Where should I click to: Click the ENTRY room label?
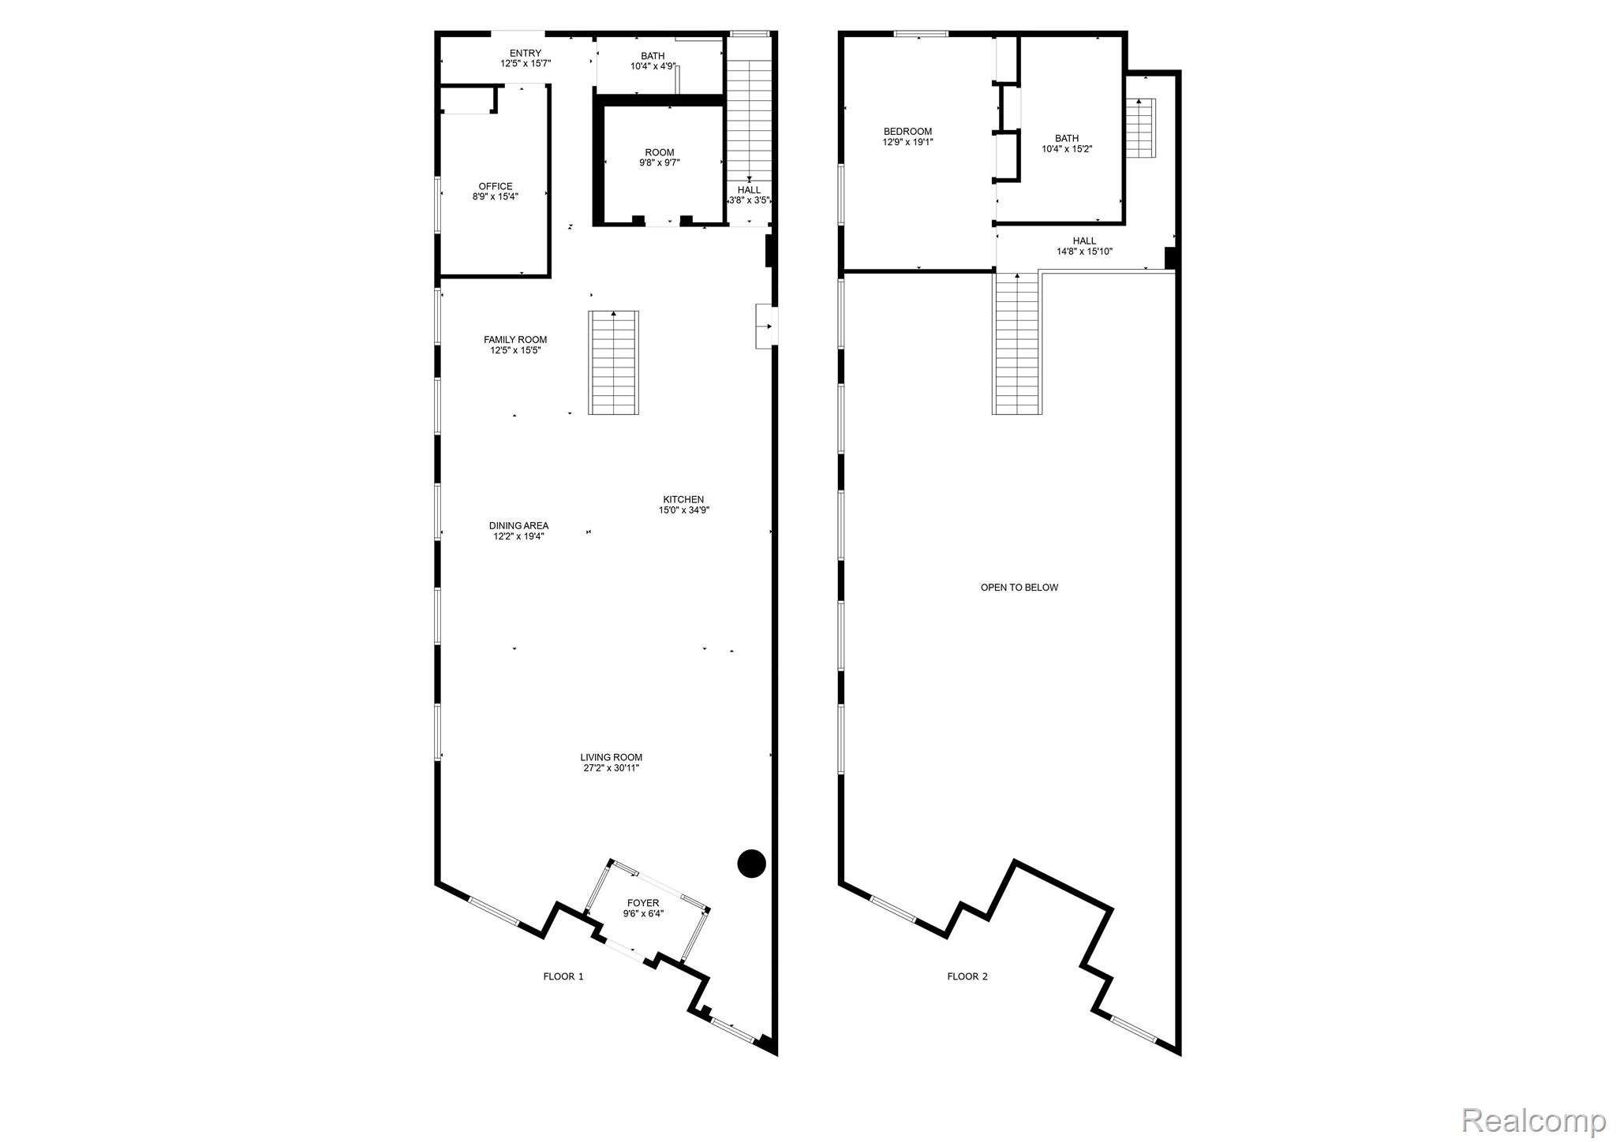point(526,58)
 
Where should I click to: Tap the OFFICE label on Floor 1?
point(496,192)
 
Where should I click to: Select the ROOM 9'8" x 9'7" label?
point(660,158)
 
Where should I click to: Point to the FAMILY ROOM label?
point(515,345)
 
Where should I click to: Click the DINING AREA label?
point(519,531)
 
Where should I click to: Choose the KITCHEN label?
point(683,505)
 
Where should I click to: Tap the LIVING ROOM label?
point(612,763)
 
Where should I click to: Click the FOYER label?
point(643,909)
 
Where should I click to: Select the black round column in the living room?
point(751,864)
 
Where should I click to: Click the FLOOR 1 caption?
point(563,976)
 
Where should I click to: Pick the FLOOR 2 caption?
point(967,976)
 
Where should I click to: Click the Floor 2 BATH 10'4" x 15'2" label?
point(1067,144)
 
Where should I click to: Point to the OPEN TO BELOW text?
point(1019,588)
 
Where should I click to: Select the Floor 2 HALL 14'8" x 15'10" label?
point(1085,246)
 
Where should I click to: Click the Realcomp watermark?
point(1533,1119)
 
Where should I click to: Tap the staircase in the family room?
point(613,363)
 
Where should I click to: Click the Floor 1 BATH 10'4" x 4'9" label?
point(653,61)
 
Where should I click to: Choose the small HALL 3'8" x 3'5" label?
point(749,195)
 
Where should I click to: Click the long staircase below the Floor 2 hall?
point(1017,343)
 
